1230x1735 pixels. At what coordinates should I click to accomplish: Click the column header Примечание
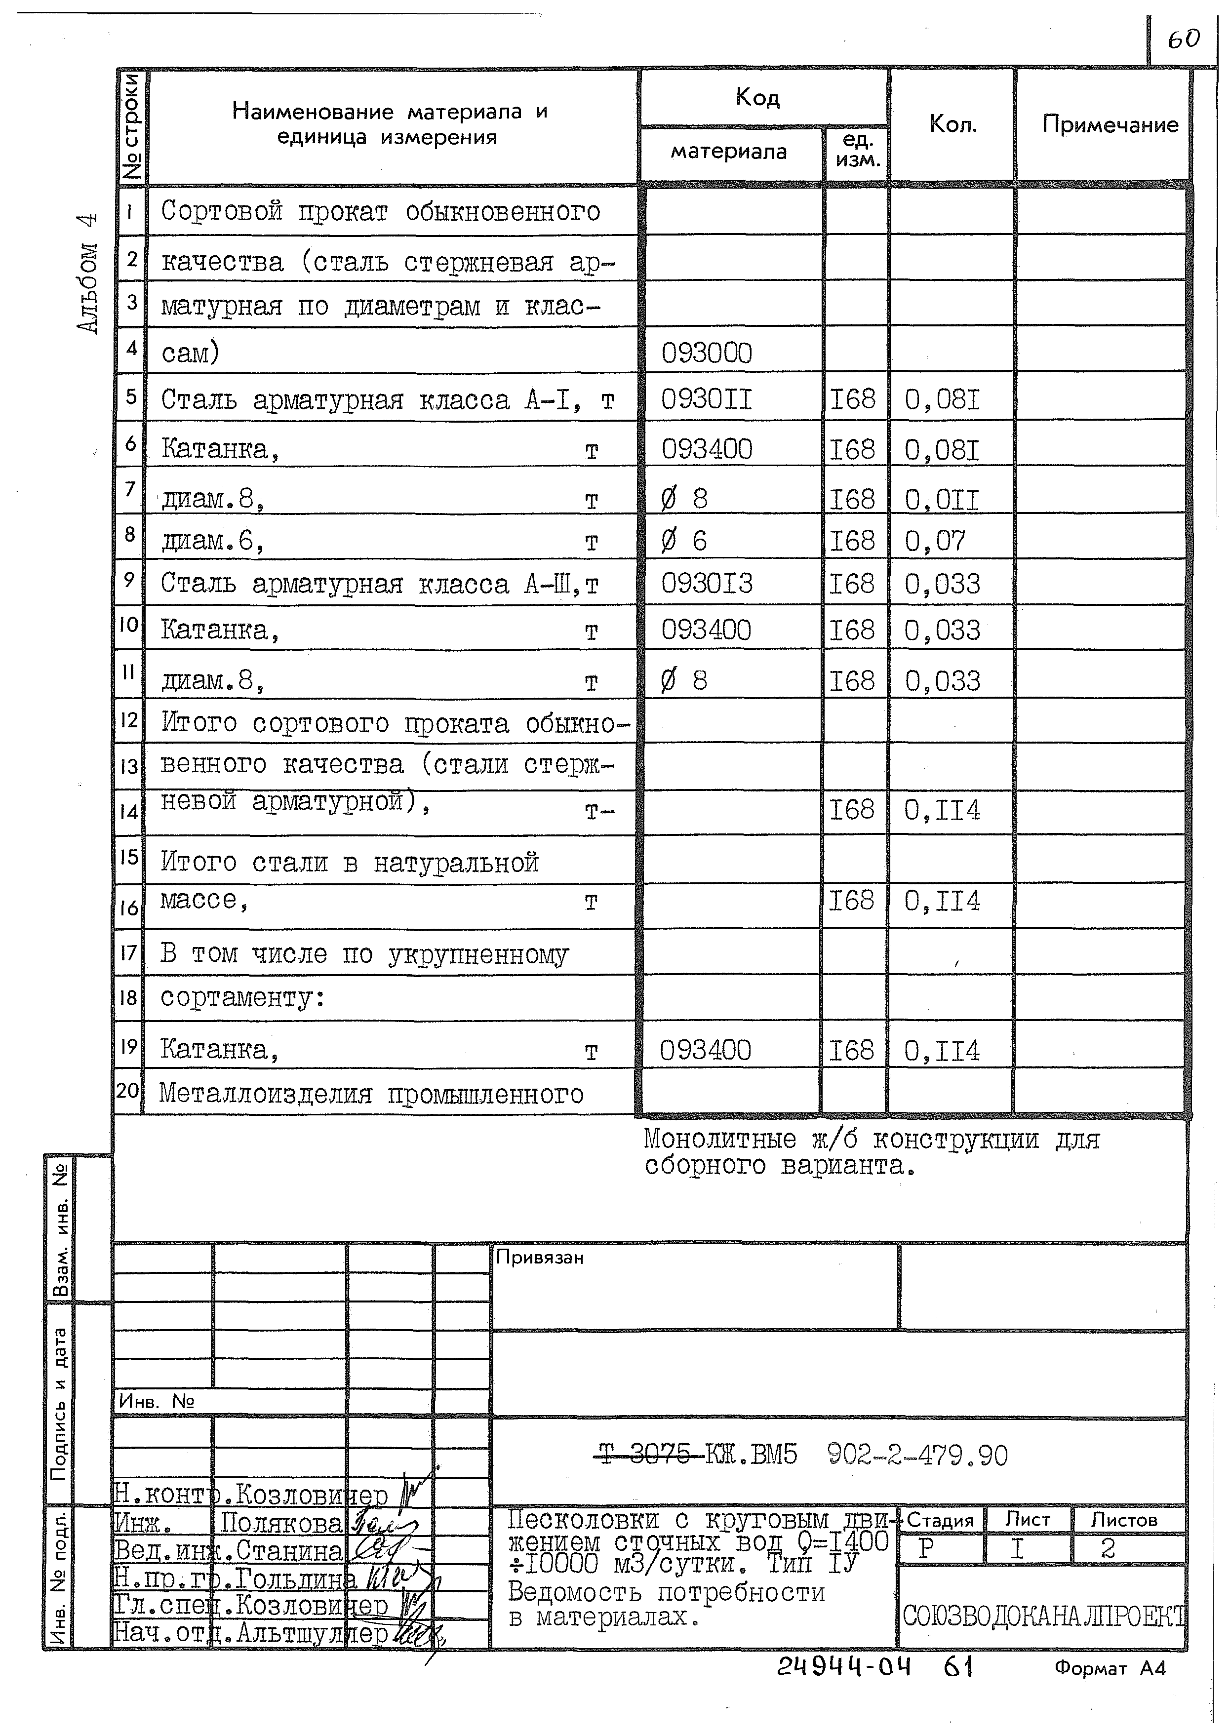coord(1110,124)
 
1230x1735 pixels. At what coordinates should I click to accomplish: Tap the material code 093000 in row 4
coord(707,354)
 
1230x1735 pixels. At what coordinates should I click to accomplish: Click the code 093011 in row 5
coord(706,399)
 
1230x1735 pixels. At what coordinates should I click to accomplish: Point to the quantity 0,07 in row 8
coord(935,541)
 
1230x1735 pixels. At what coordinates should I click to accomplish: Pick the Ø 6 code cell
coord(683,541)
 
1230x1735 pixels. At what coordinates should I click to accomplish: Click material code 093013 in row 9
coord(707,584)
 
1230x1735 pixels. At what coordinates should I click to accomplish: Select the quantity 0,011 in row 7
coord(942,500)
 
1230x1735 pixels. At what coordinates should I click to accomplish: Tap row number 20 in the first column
coord(128,1091)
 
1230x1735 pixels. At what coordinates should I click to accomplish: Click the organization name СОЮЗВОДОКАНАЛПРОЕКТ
coord(1043,1617)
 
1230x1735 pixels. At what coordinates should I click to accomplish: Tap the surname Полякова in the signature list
coord(281,1524)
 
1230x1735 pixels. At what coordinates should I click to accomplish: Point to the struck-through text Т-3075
coord(645,1455)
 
